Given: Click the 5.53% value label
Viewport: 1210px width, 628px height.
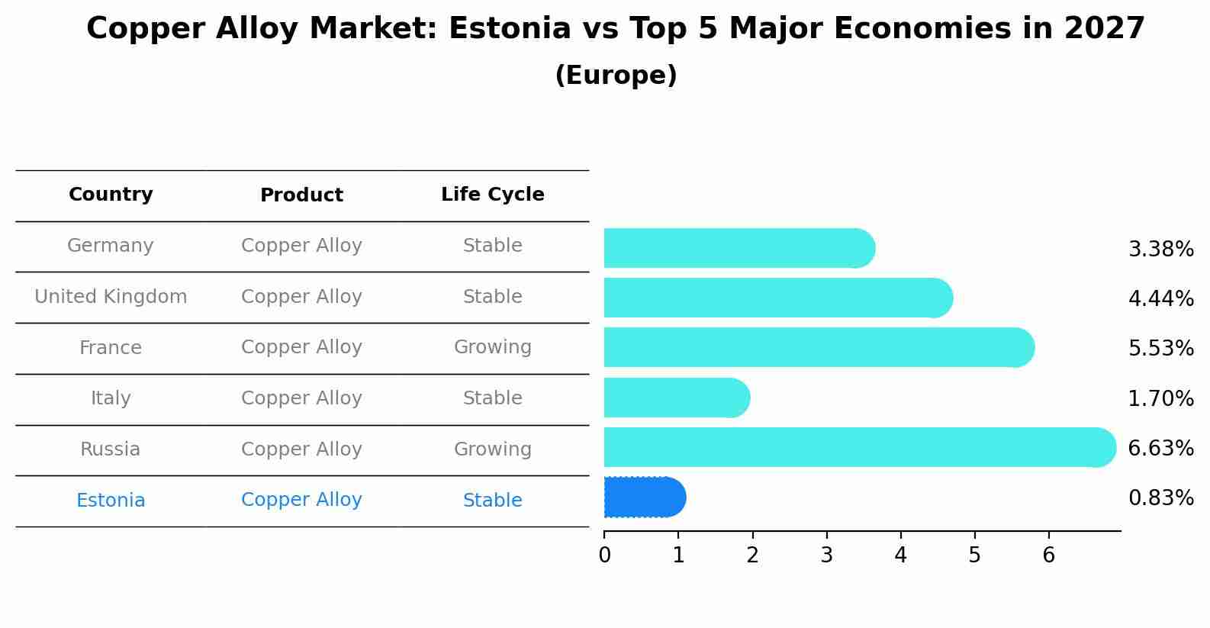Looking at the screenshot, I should click(x=1160, y=349).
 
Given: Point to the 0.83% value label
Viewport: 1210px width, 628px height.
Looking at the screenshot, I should click(x=1160, y=498).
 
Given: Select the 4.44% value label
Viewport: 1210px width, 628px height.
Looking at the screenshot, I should click(x=1160, y=298).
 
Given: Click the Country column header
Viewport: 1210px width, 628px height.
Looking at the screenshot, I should click(x=111, y=195).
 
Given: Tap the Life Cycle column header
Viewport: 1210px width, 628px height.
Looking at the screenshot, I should click(x=492, y=195).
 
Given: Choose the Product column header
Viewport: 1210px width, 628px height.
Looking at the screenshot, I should click(x=301, y=195).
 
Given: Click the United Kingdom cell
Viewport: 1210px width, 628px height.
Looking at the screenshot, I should click(x=111, y=297).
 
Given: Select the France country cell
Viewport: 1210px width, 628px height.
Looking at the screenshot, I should click(x=111, y=348).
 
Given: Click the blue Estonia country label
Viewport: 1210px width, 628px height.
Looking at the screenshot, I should click(x=111, y=501).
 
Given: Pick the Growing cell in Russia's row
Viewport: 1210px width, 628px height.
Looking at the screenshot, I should click(x=492, y=449).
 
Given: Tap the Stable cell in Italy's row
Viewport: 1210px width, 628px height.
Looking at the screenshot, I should click(x=492, y=398).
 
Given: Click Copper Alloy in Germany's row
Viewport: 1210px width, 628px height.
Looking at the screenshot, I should click(x=301, y=246).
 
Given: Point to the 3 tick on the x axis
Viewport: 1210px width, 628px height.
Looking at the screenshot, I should click(x=826, y=556).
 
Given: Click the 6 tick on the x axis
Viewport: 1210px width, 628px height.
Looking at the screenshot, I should click(x=1048, y=556).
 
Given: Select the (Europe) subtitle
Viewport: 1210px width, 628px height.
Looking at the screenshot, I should click(x=616, y=76).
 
